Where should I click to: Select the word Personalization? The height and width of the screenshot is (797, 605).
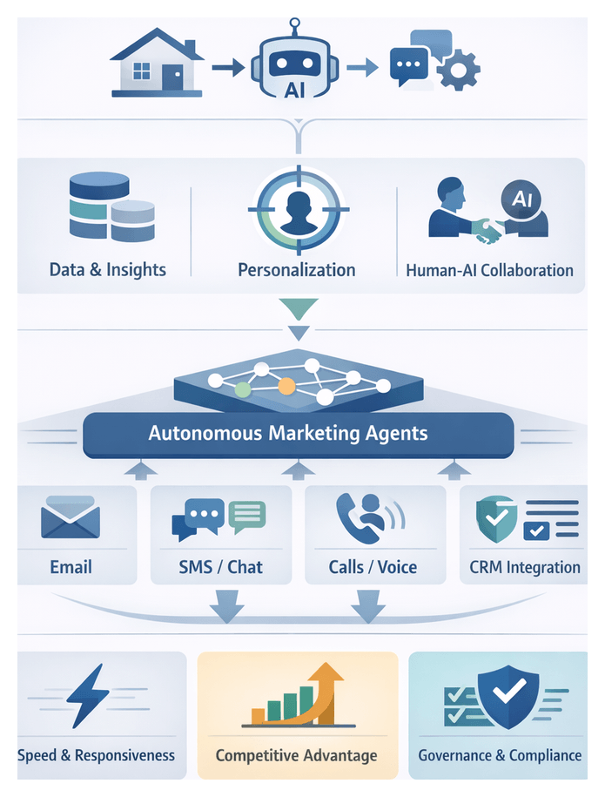[297, 269]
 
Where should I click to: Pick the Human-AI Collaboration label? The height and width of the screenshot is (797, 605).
[489, 270]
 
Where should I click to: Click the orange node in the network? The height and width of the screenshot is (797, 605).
[286, 385]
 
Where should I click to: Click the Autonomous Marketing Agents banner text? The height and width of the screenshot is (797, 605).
[288, 433]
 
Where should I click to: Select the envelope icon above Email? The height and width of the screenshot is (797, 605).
[71, 521]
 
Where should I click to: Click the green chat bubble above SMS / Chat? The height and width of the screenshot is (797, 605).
[246, 517]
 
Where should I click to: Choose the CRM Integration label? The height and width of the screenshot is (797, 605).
[524, 567]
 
